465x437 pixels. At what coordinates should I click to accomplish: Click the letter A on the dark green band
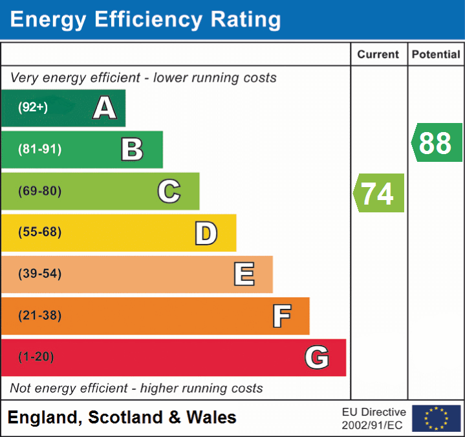coord(104,108)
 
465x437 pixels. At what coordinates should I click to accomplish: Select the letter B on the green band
coord(132,150)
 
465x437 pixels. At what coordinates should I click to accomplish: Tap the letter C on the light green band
coord(169,192)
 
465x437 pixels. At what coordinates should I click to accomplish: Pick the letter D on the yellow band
coord(206,233)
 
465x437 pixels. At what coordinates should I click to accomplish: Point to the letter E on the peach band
coord(243,275)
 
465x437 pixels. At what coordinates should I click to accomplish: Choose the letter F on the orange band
coord(281,316)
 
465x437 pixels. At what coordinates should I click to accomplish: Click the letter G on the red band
coord(317,357)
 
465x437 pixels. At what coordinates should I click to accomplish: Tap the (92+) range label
coord(33,108)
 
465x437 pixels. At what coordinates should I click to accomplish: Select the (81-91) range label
coord(39,150)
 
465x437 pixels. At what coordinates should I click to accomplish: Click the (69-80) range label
coord(39,192)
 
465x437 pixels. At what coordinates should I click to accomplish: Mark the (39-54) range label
coord(39,275)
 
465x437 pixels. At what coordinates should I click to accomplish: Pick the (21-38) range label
coord(39,316)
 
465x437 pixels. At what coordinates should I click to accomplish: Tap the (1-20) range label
coord(36,357)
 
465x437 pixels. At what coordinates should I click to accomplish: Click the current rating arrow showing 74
coord(378,193)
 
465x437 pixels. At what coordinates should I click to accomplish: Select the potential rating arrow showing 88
coord(437,142)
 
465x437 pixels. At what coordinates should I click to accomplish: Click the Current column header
coord(379,55)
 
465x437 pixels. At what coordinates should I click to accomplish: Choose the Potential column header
coord(436,55)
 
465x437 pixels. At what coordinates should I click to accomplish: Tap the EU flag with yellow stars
coord(436,418)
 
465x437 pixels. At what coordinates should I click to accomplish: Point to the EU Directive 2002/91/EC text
coord(374,418)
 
